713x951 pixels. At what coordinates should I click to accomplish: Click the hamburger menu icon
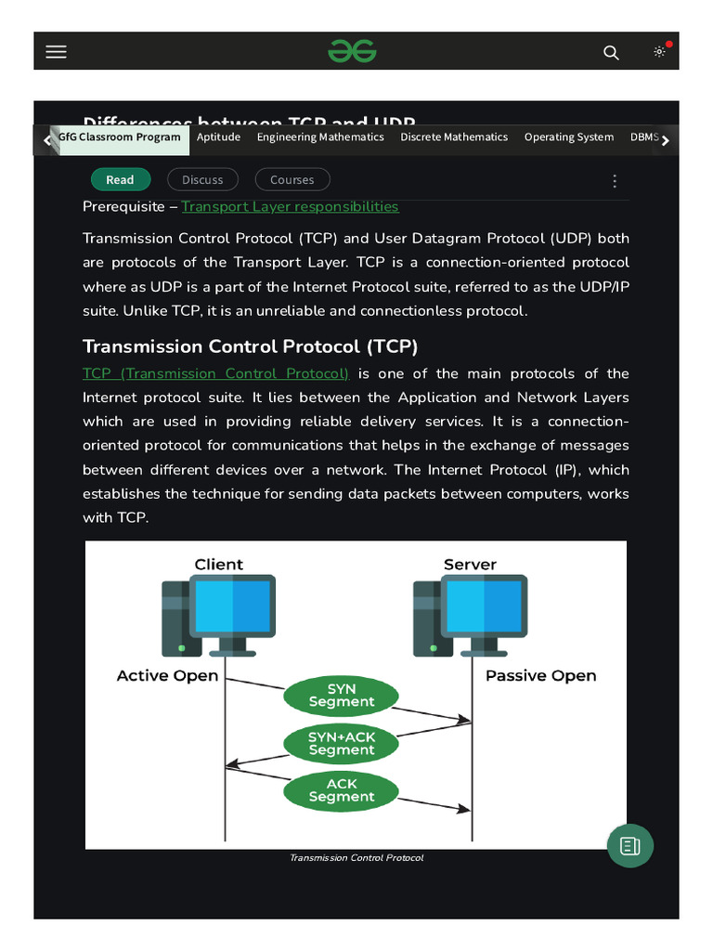(x=57, y=52)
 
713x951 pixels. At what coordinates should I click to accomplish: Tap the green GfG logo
(x=352, y=51)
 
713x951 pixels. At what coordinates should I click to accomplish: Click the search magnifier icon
(x=611, y=53)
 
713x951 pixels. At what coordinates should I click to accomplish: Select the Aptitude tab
(x=218, y=137)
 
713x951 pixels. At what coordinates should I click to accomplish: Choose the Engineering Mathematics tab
(x=320, y=137)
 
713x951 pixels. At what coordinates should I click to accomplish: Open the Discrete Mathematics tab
(x=454, y=137)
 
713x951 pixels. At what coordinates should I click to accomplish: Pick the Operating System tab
(x=568, y=137)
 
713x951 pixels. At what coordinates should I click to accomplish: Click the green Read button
(x=120, y=180)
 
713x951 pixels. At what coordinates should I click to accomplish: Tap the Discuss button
(x=202, y=180)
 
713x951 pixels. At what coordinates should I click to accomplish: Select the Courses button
(x=292, y=180)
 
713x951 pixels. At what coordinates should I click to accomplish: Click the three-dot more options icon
(x=614, y=181)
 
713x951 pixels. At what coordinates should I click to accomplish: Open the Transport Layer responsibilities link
(x=290, y=207)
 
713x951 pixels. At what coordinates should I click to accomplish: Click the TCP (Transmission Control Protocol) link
(x=215, y=373)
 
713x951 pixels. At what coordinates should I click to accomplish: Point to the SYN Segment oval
(x=342, y=697)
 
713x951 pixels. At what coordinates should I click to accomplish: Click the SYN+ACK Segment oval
(x=342, y=743)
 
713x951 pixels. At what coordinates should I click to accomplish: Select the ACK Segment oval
(x=342, y=790)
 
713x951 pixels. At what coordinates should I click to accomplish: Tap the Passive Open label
(x=540, y=676)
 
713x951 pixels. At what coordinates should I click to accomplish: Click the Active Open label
(x=167, y=676)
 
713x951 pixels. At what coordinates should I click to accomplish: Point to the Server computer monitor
(x=484, y=606)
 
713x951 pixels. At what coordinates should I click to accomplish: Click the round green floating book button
(x=630, y=845)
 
